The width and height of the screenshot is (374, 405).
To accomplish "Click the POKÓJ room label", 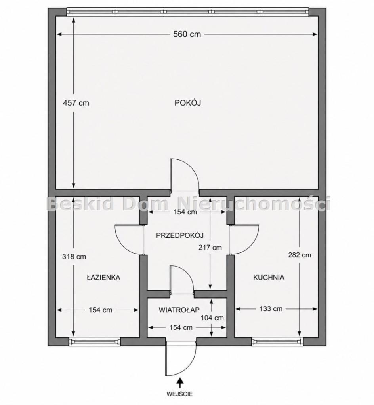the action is click(188, 103).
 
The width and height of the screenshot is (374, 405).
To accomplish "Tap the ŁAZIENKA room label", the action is click(103, 277).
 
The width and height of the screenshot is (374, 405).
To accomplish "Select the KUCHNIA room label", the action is click(269, 278).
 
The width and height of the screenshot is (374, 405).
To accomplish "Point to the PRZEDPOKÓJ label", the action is click(180, 235).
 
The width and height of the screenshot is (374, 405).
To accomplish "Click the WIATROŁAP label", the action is click(179, 310).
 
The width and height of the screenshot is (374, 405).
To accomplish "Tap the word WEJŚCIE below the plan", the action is click(180, 394).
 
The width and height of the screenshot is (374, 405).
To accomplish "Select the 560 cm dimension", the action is click(187, 34).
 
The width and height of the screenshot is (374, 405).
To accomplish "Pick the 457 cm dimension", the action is click(76, 103).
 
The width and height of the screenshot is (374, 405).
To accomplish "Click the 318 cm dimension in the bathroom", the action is click(74, 257).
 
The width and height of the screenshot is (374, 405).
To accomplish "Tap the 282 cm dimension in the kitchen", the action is click(300, 255).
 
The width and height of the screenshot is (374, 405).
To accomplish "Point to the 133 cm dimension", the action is click(271, 308).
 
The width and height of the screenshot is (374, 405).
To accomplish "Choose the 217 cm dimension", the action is click(210, 248).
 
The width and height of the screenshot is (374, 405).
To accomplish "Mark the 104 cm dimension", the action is click(212, 318).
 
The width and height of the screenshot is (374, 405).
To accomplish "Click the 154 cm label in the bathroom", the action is click(100, 310).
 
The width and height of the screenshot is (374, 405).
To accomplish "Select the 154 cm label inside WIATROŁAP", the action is click(181, 327).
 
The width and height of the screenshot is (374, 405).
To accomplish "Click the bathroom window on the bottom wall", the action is click(95, 342).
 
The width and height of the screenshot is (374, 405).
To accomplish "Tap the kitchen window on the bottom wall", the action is click(277, 342).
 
